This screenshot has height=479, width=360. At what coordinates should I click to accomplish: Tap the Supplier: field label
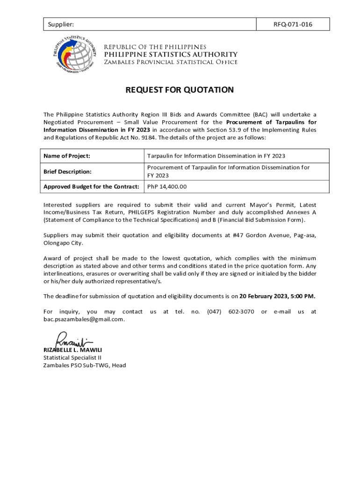tap(59, 24)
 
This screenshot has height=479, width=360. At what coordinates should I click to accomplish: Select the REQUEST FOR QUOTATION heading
tap(180, 90)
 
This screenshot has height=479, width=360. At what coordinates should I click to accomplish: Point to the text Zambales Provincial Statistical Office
tap(171, 63)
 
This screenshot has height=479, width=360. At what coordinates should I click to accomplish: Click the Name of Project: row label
tap(67, 156)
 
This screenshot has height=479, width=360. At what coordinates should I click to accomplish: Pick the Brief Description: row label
tap(67, 171)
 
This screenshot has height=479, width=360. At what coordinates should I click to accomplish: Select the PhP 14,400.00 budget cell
tap(167, 187)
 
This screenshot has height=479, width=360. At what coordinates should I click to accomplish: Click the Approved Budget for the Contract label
tap(91, 187)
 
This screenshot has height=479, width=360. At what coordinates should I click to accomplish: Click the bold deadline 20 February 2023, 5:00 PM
tap(277, 296)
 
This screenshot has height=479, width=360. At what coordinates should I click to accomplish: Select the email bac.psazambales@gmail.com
tap(84, 319)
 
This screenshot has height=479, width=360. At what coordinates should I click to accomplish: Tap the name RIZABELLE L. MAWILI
tap(72, 350)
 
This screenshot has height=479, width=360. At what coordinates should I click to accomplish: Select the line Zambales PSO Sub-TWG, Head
tap(85, 365)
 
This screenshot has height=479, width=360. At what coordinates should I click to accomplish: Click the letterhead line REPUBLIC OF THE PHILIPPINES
tap(155, 47)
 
